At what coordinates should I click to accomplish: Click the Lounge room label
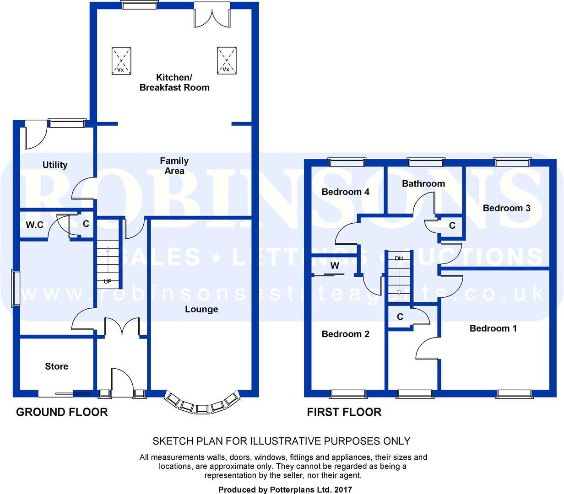[x=201, y=309]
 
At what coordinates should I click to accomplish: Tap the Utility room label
[x=55, y=165]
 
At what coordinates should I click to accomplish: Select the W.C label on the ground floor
[x=34, y=225]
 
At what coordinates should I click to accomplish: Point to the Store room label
[x=56, y=366]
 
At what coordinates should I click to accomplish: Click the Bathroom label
[x=423, y=183]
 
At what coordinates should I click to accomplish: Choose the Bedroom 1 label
[x=493, y=328]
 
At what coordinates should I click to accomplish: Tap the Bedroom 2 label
[x=345, y=334]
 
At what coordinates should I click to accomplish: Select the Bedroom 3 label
[x=506, y=208]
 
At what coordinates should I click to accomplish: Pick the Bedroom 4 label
[x=345, y=192]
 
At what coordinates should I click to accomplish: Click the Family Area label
[x=174, y=166]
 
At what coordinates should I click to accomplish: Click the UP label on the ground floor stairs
[x=107, y=281]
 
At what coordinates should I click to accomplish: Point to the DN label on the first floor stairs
[x=398, y=258]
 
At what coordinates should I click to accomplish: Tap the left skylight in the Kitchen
[x=121, y=61]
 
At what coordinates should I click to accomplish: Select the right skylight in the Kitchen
[x=226, y=60]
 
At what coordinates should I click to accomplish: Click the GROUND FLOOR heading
[x=62, y=412]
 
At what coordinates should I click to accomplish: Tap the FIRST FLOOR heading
[x=344, y=412]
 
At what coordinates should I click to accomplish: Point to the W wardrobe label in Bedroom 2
[x=335, y=266]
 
